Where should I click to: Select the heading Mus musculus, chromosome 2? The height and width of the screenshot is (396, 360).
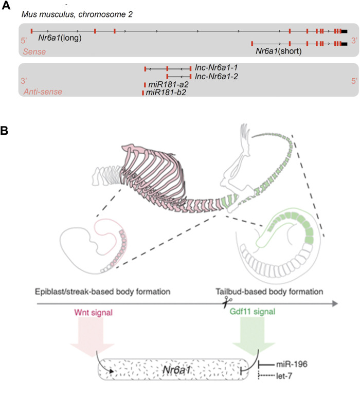coord(77,14)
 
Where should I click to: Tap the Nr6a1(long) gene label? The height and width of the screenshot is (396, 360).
coord(60,38)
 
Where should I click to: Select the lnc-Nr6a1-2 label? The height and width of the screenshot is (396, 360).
coord(217,76)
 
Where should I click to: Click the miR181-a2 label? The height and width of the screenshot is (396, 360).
coord(166,84)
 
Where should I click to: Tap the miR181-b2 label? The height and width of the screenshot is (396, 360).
coord(166,93)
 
